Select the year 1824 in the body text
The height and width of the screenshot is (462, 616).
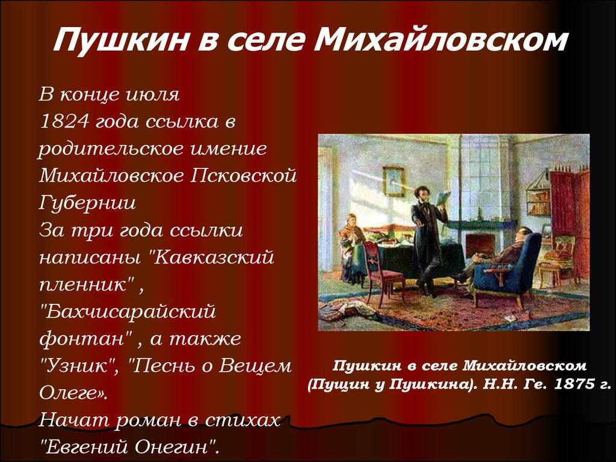coord(64,121)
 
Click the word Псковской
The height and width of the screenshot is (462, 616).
coord(244,175)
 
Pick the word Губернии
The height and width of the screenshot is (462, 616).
coord(87,203)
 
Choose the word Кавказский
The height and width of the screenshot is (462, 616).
coord(212,257)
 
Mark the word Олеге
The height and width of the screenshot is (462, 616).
coord(72,393)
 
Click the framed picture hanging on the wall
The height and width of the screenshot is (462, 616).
coord(393,181)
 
